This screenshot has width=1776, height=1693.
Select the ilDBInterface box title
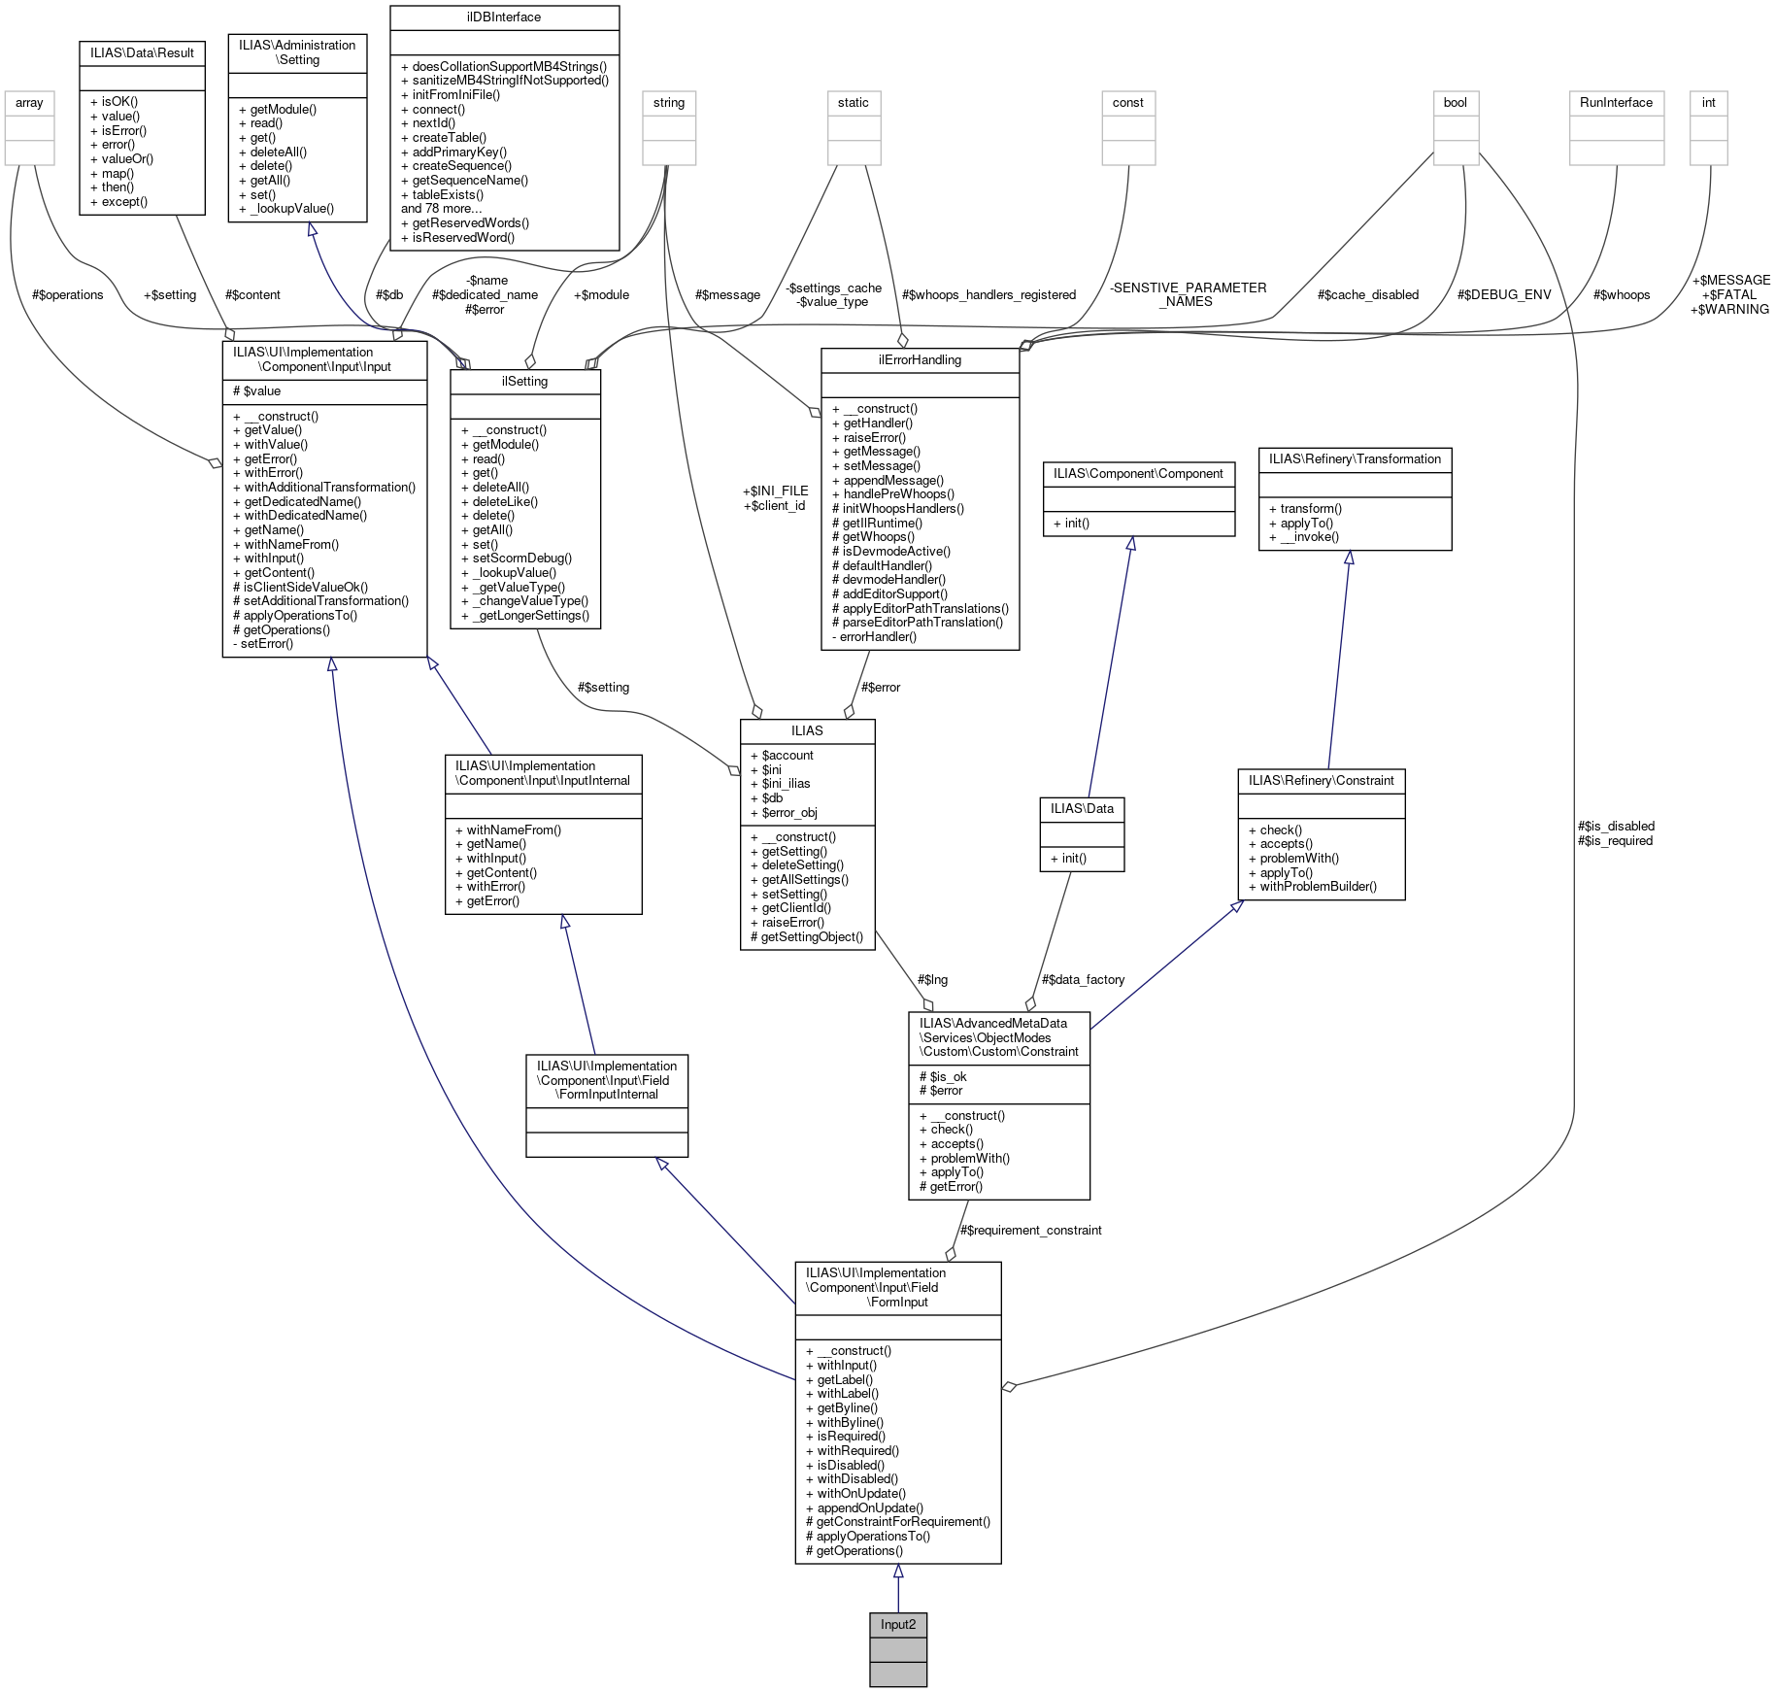(x=503, y=17)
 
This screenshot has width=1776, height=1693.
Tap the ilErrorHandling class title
(x=919, y=360)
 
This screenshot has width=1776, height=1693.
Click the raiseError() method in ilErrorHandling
(x=874, y=437)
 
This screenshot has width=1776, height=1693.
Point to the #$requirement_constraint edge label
(x=1029, y=1230)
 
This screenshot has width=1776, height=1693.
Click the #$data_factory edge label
(x=1082, y=979)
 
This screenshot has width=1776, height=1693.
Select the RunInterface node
(x=1615, y=103)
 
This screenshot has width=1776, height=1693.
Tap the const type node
(x=1127, y=103)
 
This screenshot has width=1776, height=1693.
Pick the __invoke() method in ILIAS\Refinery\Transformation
(x=1303, y=536)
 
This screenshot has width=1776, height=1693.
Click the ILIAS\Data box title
(x=1081, y=808)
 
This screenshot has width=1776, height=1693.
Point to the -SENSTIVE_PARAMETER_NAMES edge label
(x=1187, y=294)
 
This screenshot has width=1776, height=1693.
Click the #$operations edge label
(x=67, y=294)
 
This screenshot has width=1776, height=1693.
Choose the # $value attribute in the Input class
(x=257, y=390)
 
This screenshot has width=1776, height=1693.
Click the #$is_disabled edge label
(x=1616, y=826)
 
